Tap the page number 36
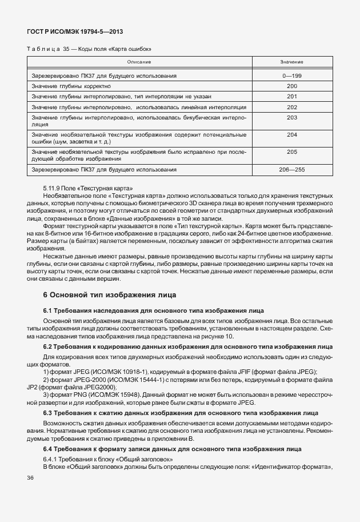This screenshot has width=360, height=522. tap(30, 477)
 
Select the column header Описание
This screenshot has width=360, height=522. tap(139, 62)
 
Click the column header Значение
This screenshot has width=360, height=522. tap(291, 62)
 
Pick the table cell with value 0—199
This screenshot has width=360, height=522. tap(291, 75)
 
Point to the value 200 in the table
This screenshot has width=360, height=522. tap(291, 86)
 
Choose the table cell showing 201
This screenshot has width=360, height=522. tap(291, 96)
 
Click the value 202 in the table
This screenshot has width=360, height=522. tap(291, 107)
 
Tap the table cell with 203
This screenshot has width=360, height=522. tap(291, 117)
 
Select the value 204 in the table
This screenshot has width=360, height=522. tap(291, 135)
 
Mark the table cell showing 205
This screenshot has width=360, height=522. tap(291, 152)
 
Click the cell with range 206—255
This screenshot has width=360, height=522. tap(291, 170)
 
